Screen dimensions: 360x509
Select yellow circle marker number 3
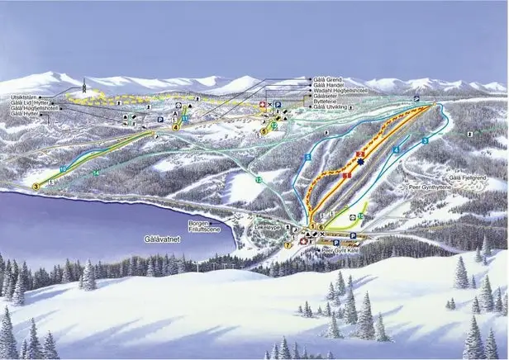[36, 187]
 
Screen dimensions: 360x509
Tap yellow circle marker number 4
[175, 127]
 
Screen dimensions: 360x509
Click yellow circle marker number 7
[288, 244]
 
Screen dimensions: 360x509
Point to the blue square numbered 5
[307, 157]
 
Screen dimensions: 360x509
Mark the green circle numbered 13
[259, 179]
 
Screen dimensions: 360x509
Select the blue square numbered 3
[425, 141]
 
